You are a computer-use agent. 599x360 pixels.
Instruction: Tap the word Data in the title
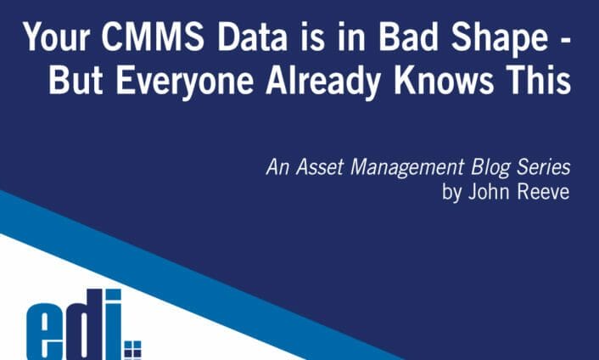[x=246, y=39]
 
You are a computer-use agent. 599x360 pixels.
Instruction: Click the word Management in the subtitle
[x=400, y=170]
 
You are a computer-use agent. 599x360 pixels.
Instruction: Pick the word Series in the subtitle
[x=540, y=169]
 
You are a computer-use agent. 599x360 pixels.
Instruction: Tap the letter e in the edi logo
[x=46, y=334]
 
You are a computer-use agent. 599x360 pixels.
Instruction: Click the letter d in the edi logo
[x=87, y=327]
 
